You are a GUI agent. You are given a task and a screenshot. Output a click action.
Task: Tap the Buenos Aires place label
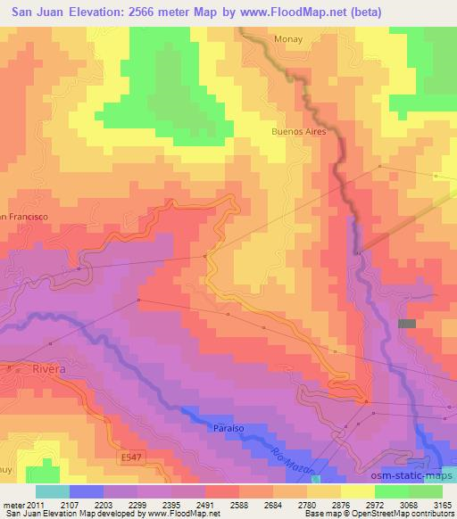point(299,131)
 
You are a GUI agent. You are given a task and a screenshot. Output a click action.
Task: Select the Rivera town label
point(50,367)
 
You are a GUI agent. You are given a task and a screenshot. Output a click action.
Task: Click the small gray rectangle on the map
point(407,324)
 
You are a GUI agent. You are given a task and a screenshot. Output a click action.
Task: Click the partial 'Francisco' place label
point(24,217)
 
